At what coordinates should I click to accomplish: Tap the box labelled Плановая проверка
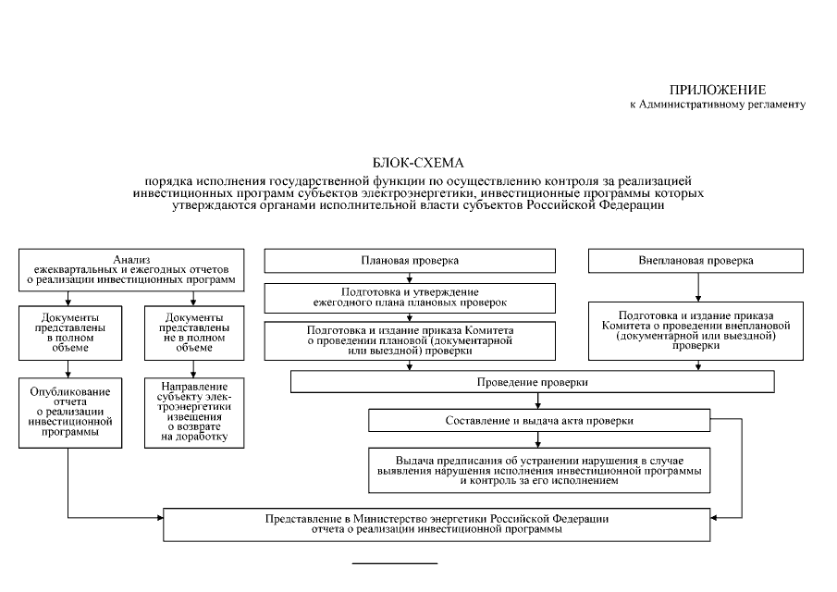click(410, 261)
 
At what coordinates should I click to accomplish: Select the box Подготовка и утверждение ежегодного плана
click(410, 297)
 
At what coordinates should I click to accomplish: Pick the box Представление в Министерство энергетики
click(449, 524)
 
